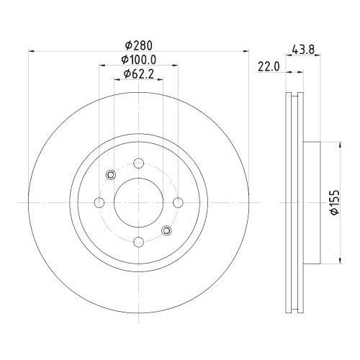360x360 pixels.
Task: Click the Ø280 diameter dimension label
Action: coord(139,45)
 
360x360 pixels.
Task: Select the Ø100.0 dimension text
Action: coord(139,60)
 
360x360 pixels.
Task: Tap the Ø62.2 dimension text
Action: coord(139,74)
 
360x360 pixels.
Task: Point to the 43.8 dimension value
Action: coord(303,50)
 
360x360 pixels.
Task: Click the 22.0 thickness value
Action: coord(269,66)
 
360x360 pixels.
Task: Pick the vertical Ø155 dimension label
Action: coord(335,202)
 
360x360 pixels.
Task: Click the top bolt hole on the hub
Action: coord(139,163)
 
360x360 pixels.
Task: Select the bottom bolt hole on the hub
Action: coord(139,242)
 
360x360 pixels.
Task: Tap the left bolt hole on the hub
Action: coord(99,202)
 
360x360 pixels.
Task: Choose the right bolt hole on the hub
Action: coord(178,202)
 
